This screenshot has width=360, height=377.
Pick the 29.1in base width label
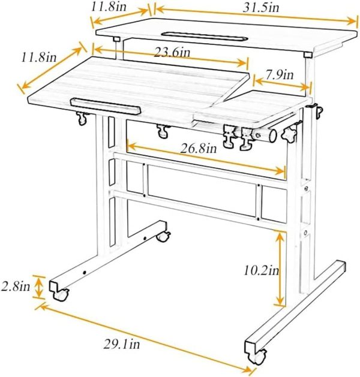click(x=122, y=345)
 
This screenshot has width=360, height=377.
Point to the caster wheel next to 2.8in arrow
click(x=61, y=294)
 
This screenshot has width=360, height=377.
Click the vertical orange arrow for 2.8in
click(x=40, y=287)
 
